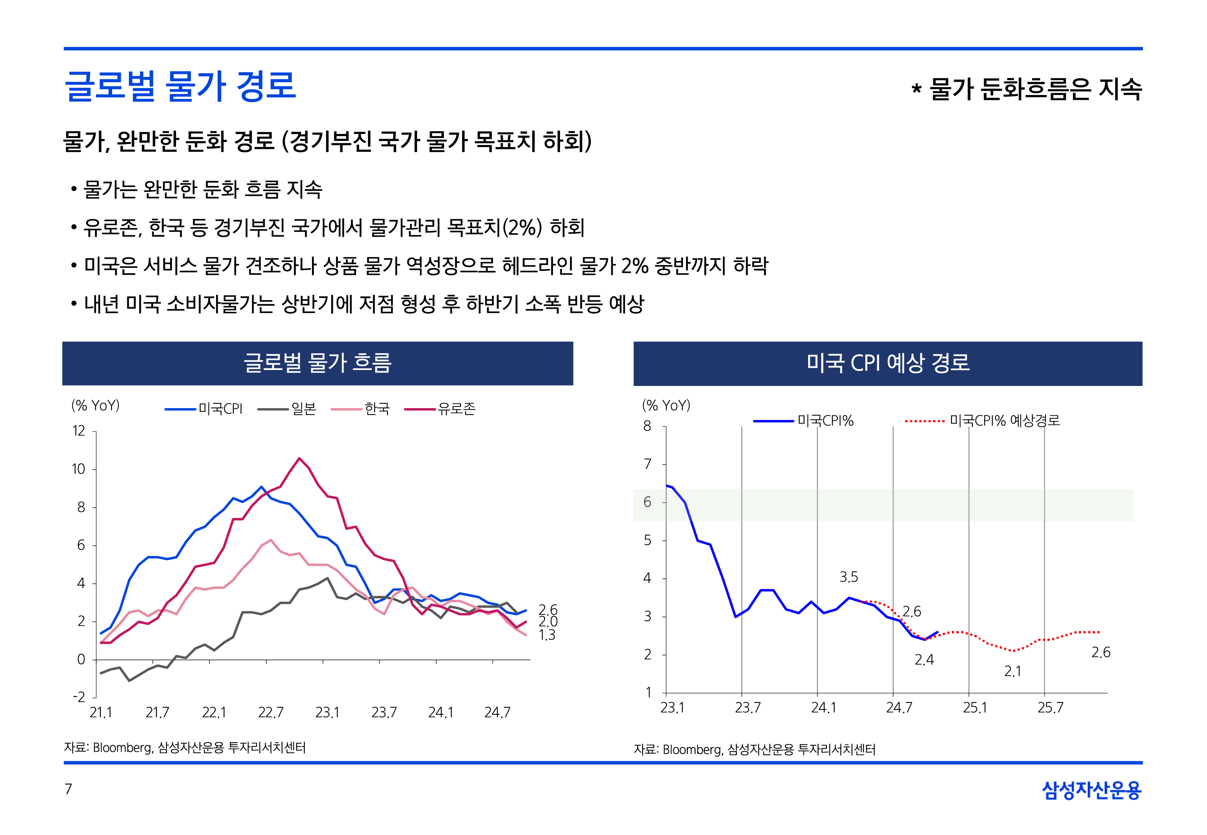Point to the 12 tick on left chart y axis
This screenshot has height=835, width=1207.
pyautogui.click(x=78, y=431)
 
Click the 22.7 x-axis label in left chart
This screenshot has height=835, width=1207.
pyautogui.click(x=271, y=713)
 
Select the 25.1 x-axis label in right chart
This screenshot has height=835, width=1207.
pyautogui.click(x=975, y=708)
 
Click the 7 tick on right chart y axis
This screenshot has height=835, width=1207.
pyautogui.click(x=647, y=464)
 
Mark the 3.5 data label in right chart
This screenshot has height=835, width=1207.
pyautogui.click(x=849, y=577)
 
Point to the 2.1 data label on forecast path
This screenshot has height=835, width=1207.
pyautogui.click(x=1012, y=671)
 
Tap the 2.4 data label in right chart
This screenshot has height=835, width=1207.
pyautogui.click(x=924, y=660)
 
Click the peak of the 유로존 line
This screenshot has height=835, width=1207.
pyautogui.click(x=299, y=458)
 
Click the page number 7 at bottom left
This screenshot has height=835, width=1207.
pyautogui.click(x=68, y=789)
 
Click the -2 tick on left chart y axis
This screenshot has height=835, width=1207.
pyautogui.click(x=78, y=697)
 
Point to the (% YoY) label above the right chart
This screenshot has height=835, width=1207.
pyautogui.click(x=666, y=406)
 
